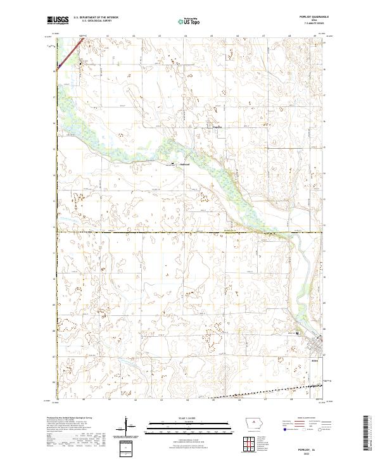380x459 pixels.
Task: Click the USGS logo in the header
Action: tap(58, 20)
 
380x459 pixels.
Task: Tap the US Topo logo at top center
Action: tap(190, 21)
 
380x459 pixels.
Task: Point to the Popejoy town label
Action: tap(217, 127)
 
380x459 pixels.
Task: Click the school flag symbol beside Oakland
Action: tap(175, 163)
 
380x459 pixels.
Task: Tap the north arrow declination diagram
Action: tap(127, 426)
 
